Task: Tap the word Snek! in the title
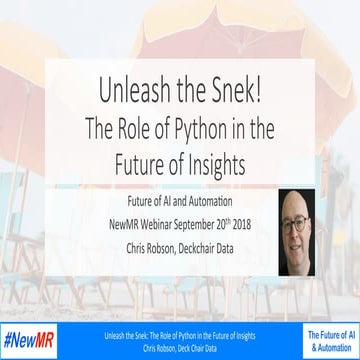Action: (x=229, y=90)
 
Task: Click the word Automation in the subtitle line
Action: (x=217, y=200)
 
